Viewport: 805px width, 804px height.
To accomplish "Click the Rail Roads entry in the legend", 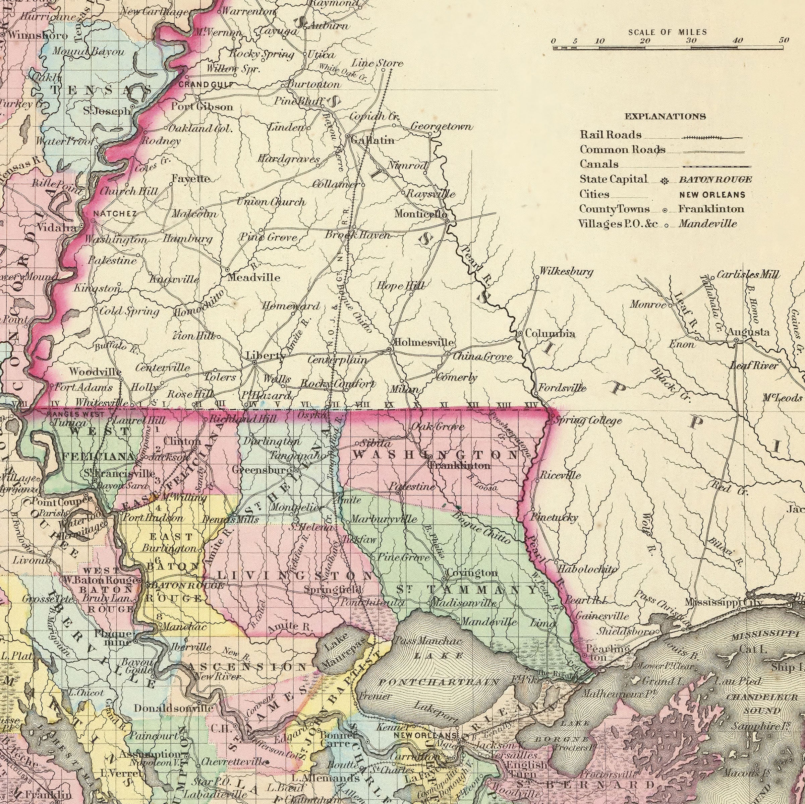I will tap(611, 134).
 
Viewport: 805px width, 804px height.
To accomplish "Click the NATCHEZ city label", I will tap(115, 214).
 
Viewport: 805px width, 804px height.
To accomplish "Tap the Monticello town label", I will tap(421, 214).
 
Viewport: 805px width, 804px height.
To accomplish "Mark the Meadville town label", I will tap(254, 277).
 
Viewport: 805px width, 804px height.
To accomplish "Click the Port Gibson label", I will tap(202, 107).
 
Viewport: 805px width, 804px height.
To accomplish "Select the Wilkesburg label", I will tap(566, 272).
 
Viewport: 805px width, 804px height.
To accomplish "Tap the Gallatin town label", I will tap(372, 140).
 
